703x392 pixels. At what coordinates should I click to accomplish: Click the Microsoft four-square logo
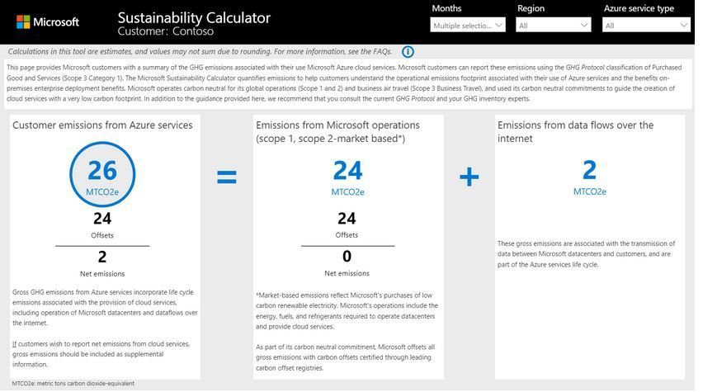pyautogui.click(x=23, y=22)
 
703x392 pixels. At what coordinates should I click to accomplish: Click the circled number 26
pyautogui.click(x=102, y=170)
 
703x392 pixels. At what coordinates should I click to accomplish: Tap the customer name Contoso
pyautogui.click(x=192, y=32)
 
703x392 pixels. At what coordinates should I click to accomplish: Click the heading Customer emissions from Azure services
pyautogui.click(x=102, y=125)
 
